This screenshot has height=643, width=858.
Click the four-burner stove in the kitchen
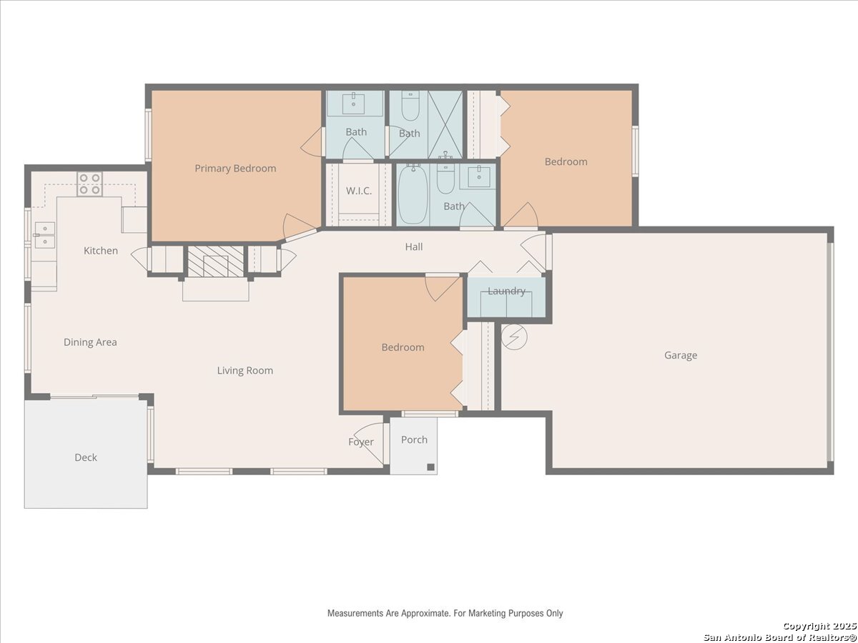point(89,184)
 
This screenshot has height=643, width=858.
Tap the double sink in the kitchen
point(45,235)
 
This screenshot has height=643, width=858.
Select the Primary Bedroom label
point(235,169)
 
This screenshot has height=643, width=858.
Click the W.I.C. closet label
point(359,191)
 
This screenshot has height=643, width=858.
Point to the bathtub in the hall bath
point(413,194)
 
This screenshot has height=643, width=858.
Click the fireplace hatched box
point(216,261)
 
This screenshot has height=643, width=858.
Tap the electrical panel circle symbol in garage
point(514,337)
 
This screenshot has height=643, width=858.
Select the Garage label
point(681,355)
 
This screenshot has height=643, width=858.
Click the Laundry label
point(507,291)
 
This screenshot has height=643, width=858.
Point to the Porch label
point(414,439)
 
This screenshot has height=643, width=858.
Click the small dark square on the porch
point(430,467)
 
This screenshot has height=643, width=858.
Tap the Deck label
point(86,457)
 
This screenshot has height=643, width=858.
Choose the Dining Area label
point(90,342)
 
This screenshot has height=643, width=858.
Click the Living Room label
point(245,371)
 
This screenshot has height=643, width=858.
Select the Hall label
point(413,246)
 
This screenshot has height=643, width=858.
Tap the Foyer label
point(361,442)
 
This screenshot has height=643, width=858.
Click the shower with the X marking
point(445,124)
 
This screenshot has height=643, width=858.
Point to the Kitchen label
point(101,251)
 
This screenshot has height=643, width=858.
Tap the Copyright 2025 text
point(819,627)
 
